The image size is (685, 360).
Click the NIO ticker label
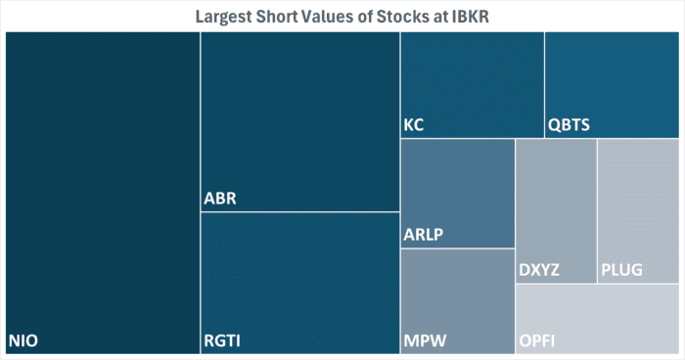[x=24, y=340]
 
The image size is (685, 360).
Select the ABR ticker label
[x=220, y=200]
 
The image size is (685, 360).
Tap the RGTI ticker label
[x=222, y=340]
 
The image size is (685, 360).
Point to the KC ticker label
[x=414, y=125]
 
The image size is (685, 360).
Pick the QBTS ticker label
[x=569, y=125]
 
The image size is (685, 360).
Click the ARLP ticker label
[x=424, y=236]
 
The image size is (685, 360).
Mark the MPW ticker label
[x=424, y=340]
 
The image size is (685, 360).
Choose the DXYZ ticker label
[x=539, y=270]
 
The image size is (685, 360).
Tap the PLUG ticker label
[x=622, y=270]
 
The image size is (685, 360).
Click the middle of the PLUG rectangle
[x=638, y=210]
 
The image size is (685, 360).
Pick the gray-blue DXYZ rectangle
[x=556, y=210]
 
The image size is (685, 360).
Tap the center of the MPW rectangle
[x=457, y=300]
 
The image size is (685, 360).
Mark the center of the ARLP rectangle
[x=457, y=193]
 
